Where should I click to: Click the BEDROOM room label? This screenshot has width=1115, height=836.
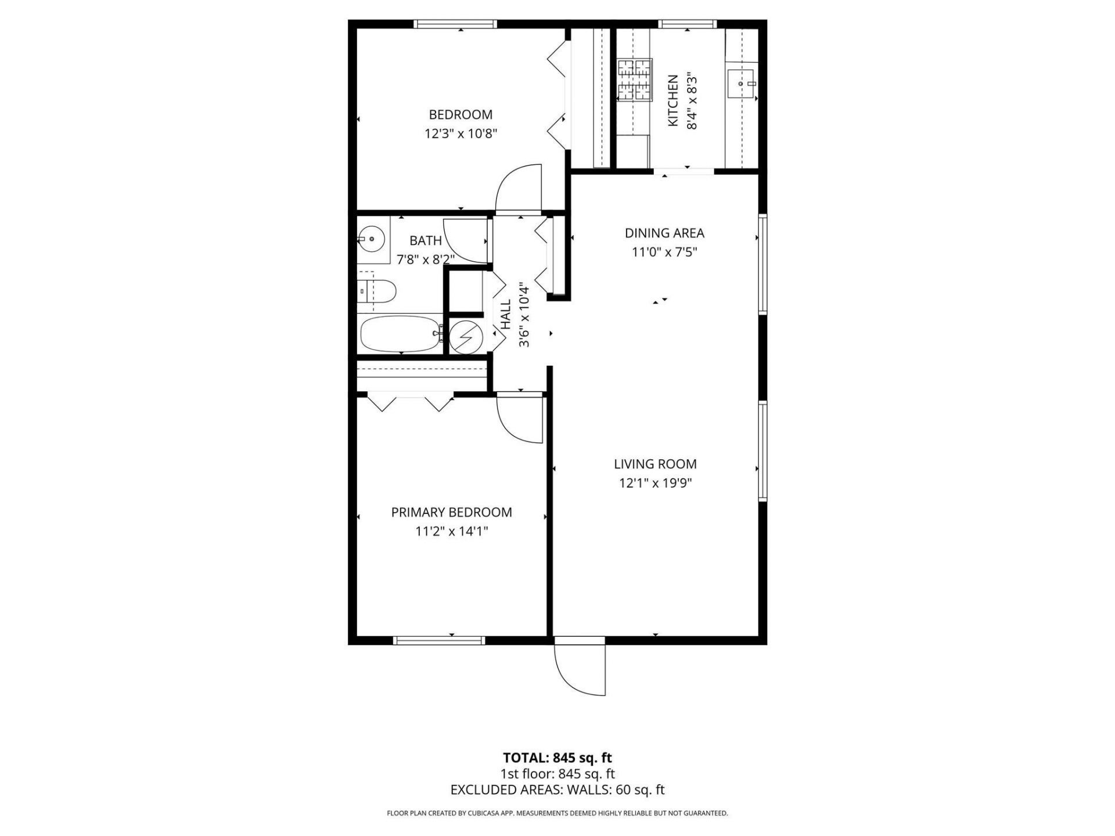[x=461, y=114]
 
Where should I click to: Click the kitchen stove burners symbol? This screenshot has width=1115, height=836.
[x=634, y=78]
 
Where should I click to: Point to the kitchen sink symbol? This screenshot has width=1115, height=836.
[x=740, y=83]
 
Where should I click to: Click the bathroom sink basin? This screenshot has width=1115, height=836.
[x=371, y=238]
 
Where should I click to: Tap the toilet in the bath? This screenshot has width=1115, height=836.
[x=377, y=291]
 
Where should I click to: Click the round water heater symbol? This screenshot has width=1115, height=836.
[x=466, y=336]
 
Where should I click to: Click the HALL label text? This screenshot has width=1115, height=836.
[x=506, y=314]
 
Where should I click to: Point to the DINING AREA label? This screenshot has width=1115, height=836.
[x=664, y=233]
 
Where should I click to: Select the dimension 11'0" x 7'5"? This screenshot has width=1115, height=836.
[x=664, y=253]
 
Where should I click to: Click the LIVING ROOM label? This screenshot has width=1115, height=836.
[x=655, y=464]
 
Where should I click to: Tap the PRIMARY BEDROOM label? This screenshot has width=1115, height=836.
[x=451, y=512]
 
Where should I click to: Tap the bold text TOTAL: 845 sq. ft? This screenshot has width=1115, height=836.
[x=557, y=758]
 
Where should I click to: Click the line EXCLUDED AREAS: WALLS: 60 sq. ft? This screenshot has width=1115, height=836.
[x=557, y=790]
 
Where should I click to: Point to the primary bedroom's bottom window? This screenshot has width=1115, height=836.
[x=438, y=640]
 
